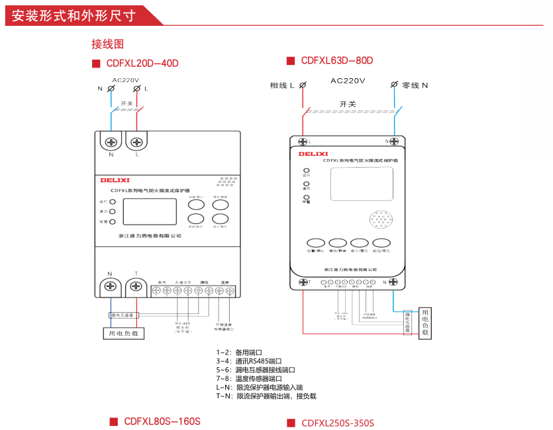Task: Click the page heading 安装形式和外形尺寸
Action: [x=74, y=13]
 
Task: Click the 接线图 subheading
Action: [x=107, y=44]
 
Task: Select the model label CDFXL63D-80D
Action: [x=337, y=61]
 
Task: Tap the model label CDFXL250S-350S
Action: [x=338, y=423]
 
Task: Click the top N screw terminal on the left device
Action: [x=111, y=142]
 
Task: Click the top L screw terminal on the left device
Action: [x=136, y=142]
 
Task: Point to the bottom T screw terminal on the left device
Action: [x=136, y=287]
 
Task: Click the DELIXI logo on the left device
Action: [x=115, y=180]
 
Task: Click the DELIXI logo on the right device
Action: [x=309, y=153]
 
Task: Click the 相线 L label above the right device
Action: [x=282, y=85]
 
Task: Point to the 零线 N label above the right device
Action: [x=415, y=85]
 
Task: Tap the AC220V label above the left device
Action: [x=125, y=80]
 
